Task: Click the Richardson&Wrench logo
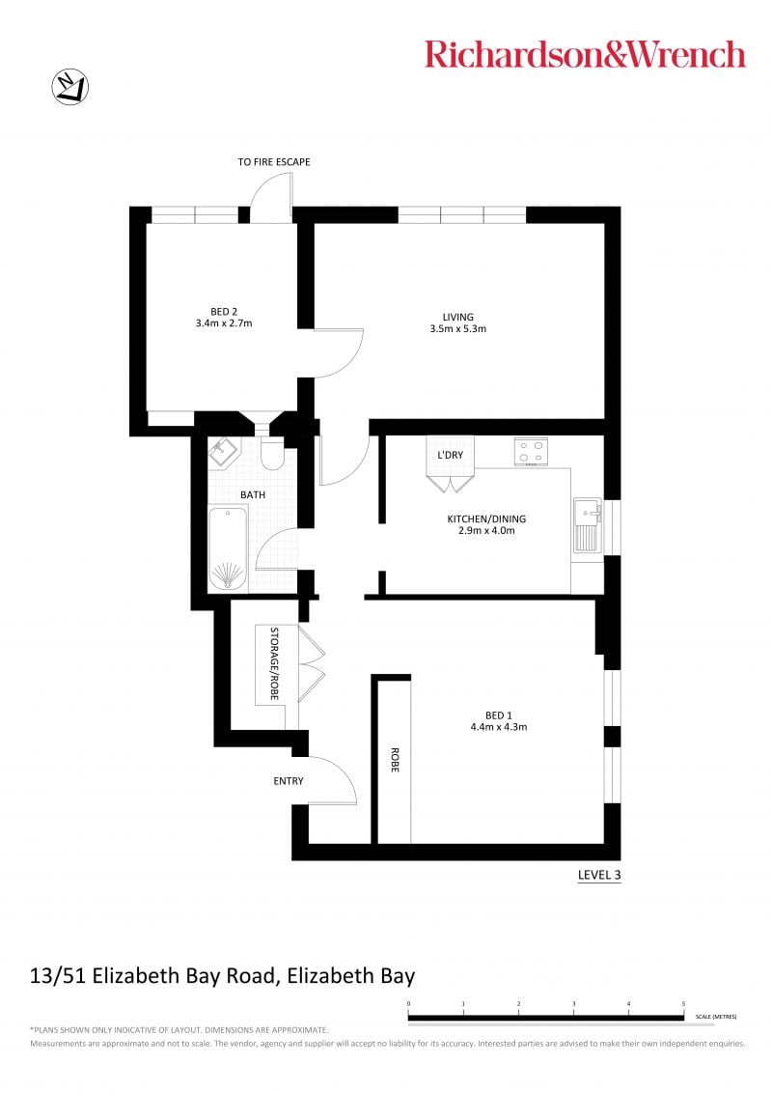point(585,54)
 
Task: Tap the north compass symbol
point(70,87)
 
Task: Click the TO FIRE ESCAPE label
point(274,161)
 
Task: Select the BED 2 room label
point(224,312)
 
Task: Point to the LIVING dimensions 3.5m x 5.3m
point(457,328)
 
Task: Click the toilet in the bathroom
point(272,454)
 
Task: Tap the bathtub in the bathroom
point(228,548)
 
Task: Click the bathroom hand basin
point(224,453)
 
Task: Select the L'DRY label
point(450,455)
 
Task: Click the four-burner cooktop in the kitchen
point(531,452)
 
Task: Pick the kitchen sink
point(588,525)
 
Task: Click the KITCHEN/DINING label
point(486,518)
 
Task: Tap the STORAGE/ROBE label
point(274,663)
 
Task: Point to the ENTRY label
point(289,781)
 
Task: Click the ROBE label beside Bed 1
point(395,760)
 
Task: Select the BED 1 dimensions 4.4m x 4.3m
point(499,727)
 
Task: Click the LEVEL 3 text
point(599,875)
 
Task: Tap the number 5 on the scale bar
point(683,1004)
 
